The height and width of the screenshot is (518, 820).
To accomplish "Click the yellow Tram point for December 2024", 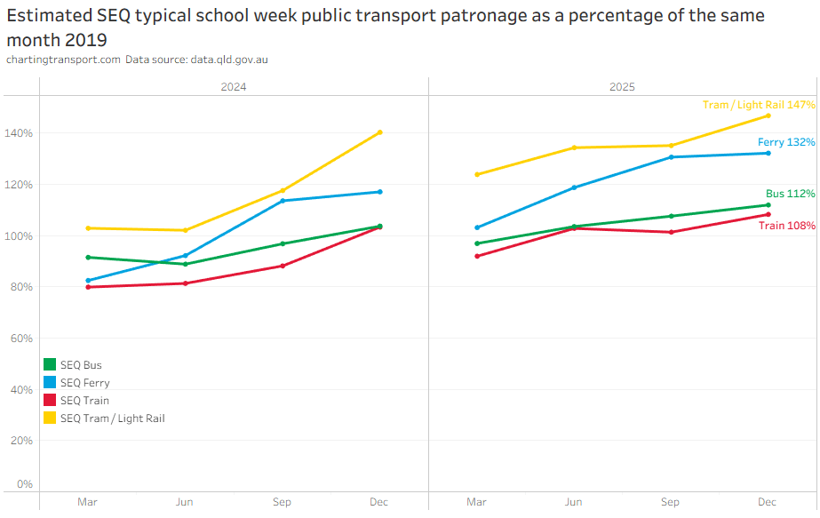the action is [379, 132].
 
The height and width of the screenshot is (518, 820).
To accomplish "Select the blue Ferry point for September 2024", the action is [283, 201].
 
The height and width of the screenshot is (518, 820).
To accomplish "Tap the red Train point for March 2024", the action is [88, 287].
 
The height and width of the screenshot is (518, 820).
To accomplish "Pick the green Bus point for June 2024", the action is [185, 264].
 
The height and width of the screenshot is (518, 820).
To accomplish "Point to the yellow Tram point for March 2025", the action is [477, 174].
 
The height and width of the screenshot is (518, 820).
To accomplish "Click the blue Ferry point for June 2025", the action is [574, 187].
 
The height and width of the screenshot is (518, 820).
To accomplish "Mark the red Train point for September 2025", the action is [672, 232].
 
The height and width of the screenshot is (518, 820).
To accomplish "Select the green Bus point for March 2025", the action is [477, 243].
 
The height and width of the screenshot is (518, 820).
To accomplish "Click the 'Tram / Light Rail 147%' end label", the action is [759, 105].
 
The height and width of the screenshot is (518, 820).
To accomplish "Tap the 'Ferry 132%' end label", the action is [786, 142].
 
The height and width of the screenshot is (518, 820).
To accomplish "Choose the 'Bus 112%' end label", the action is [790, 194].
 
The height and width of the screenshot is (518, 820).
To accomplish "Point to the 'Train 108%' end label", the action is [787, 226].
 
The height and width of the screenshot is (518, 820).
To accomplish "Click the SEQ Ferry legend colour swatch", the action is [50, 382].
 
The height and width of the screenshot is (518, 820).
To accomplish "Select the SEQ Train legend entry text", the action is [84, 401].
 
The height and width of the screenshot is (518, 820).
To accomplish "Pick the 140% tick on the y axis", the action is [19, 133].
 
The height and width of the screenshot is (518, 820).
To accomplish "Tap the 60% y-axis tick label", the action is [21, 339].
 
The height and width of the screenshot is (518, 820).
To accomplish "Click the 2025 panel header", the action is [622, 87].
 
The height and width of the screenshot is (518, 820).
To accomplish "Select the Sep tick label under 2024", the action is [282, 502].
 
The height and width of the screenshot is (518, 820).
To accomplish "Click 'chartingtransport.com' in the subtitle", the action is [63, 60].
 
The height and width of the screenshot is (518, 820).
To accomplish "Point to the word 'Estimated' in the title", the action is [50, 16].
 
